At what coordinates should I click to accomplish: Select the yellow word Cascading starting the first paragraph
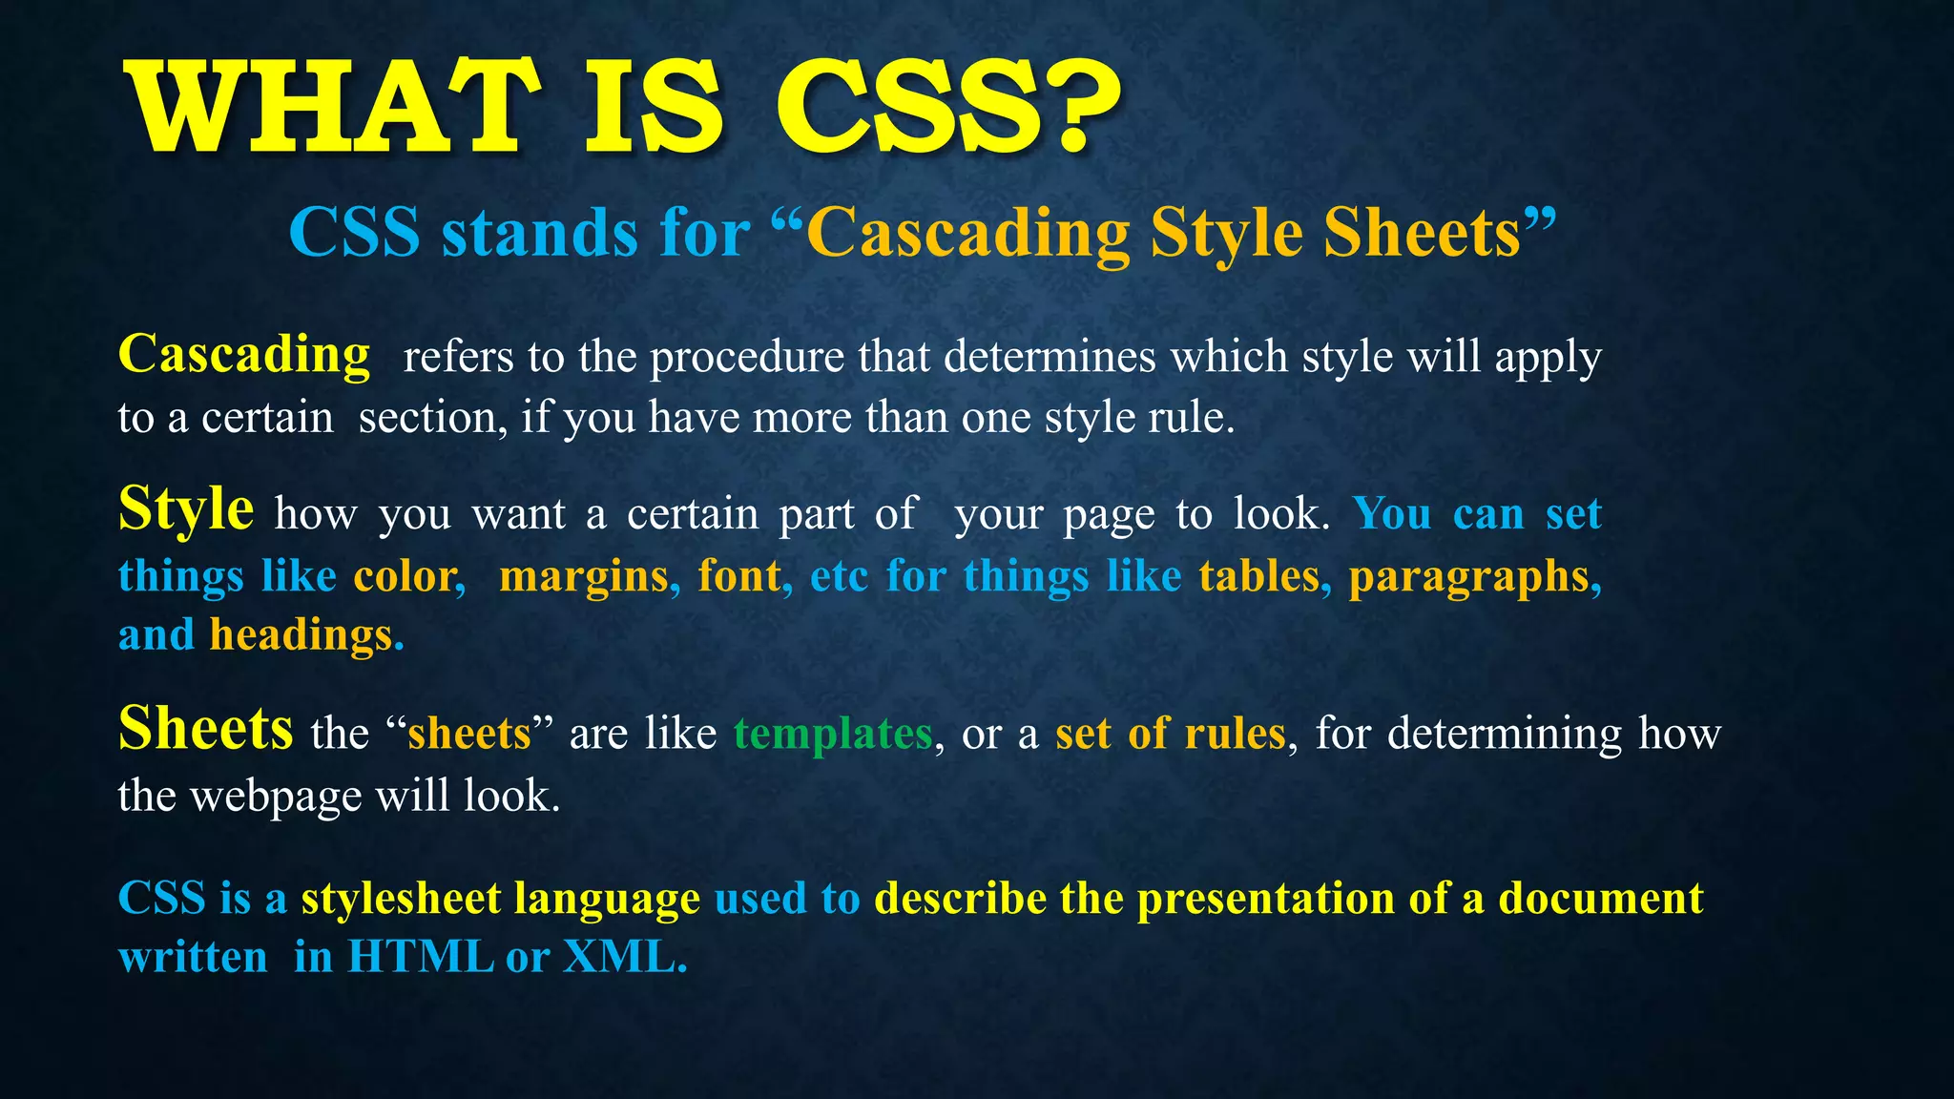coord(244,355)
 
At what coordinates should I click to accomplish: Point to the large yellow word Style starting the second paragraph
coord(186,508)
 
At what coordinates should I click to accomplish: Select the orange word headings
coord(301,635)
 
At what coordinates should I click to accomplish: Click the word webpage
coord(276,797)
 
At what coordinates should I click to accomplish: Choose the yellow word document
coord(1600,899)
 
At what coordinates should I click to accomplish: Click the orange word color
coord(408,576)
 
